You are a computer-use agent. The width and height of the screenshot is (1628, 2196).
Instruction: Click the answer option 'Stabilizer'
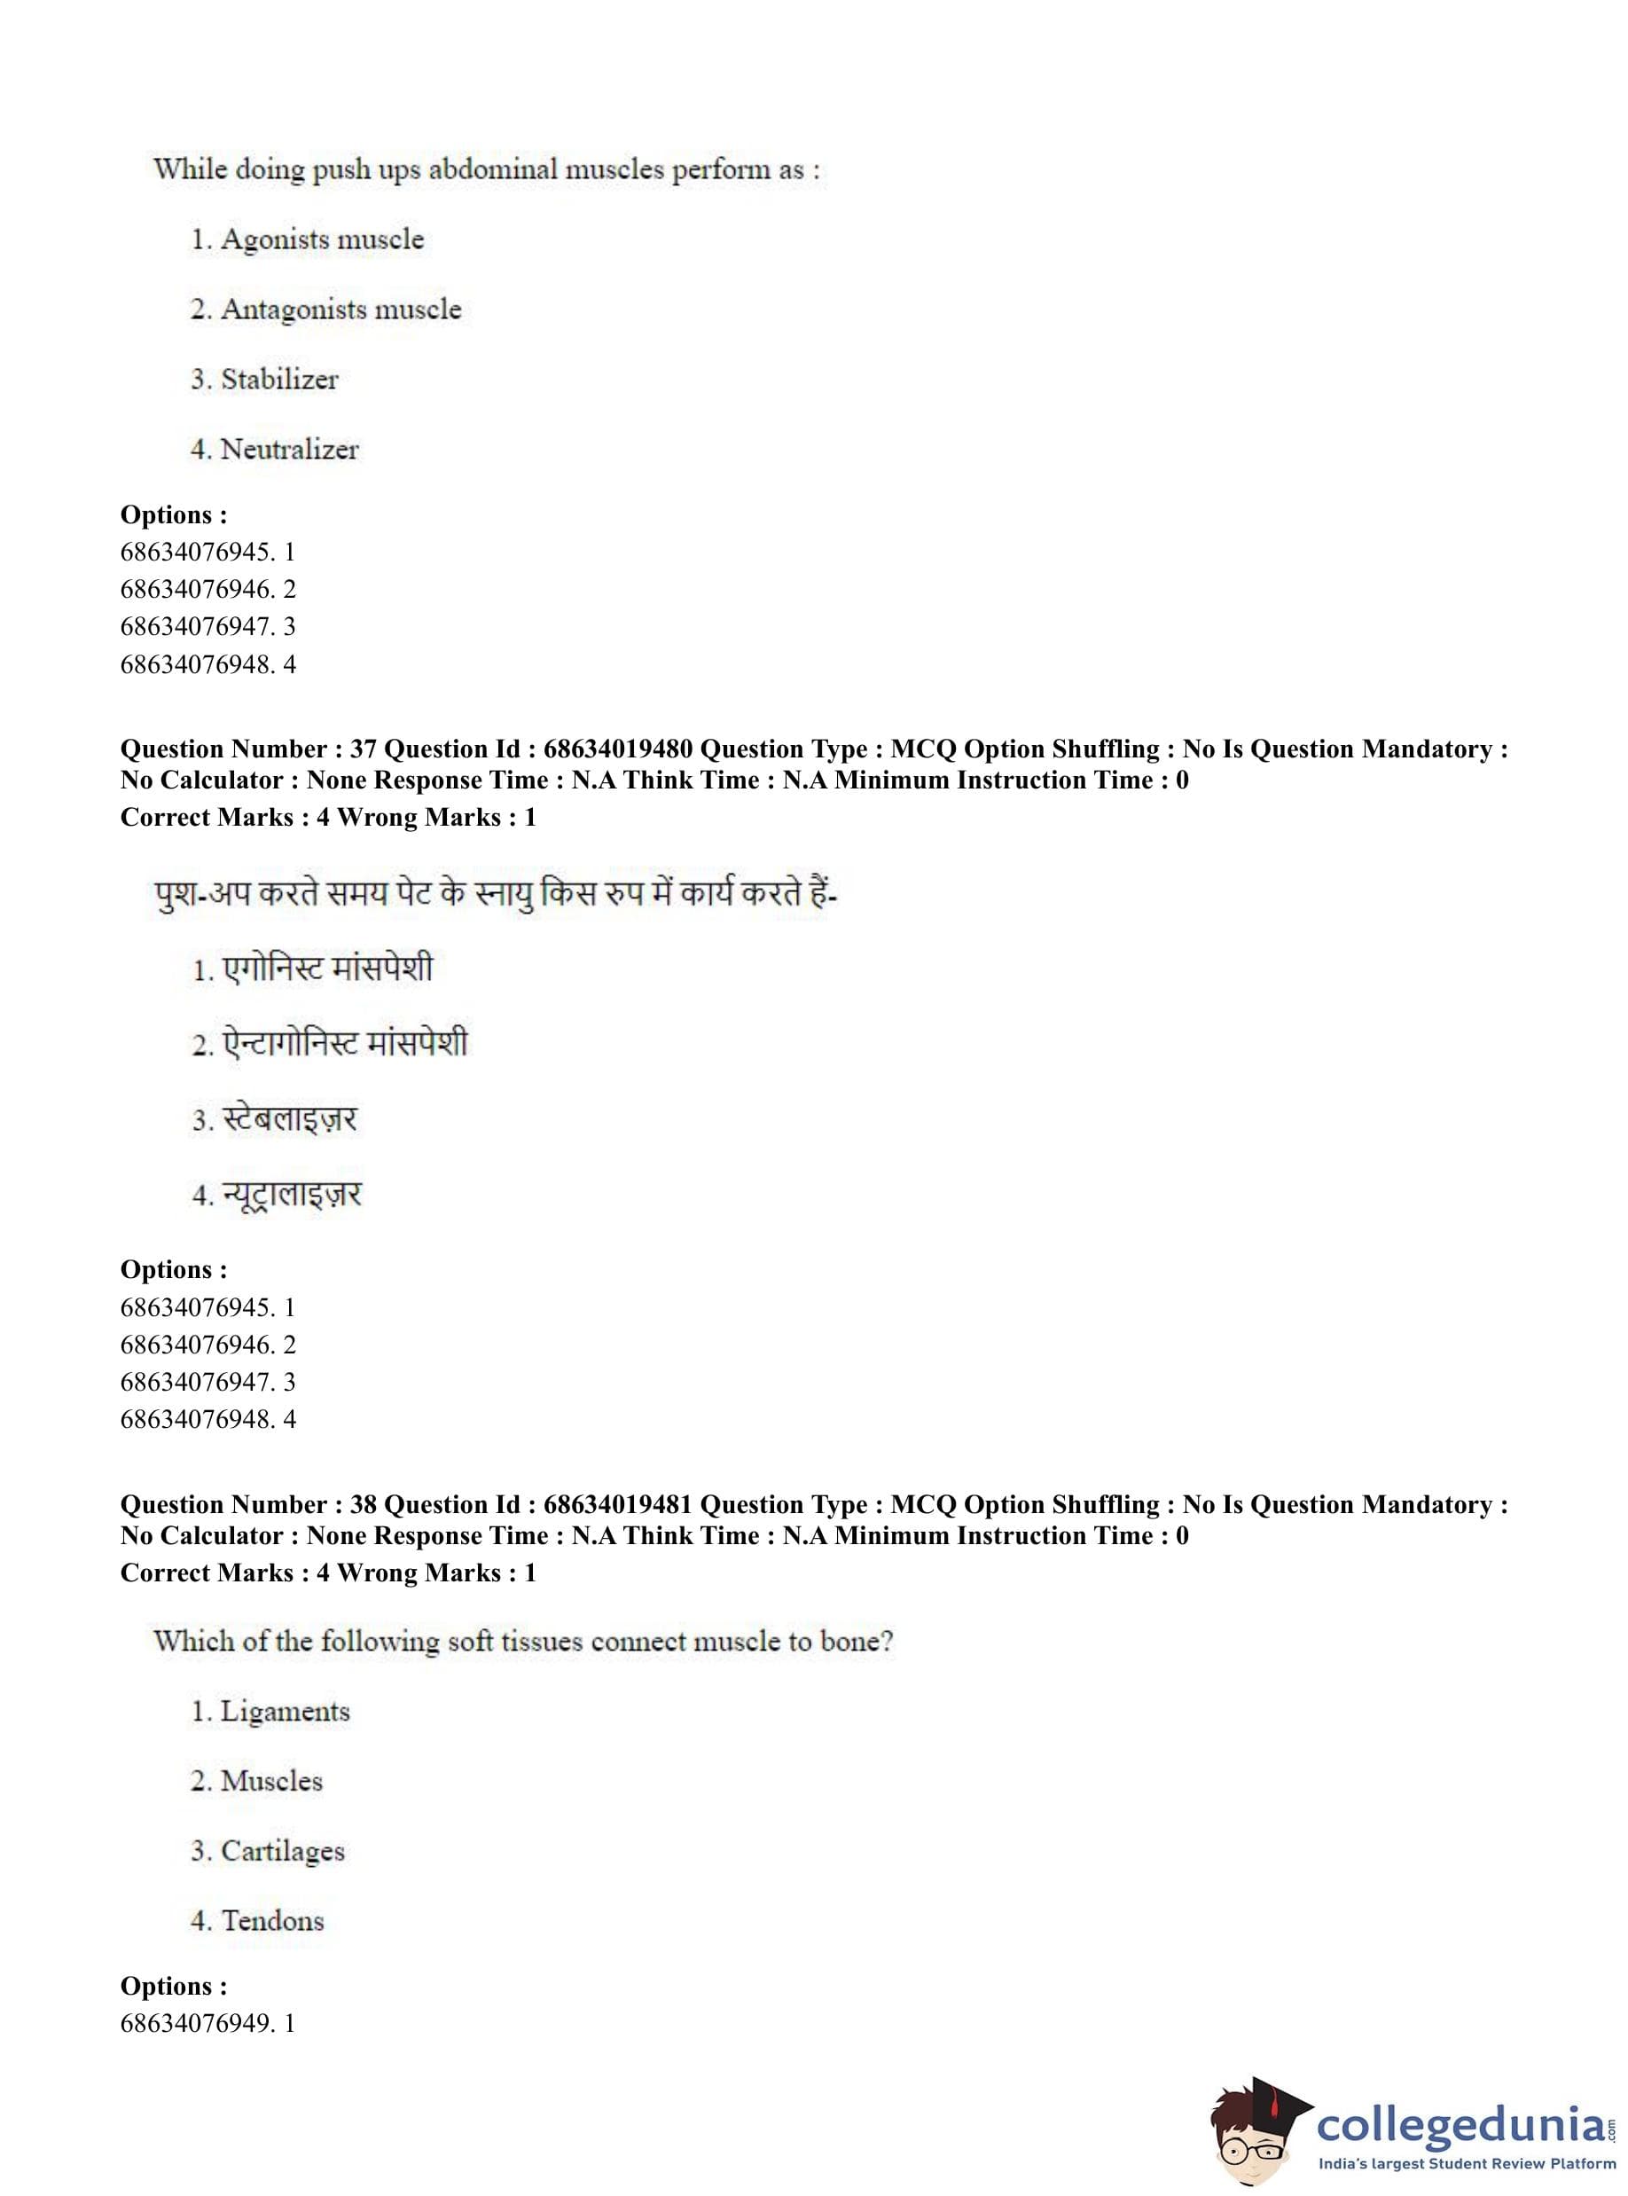point(279,380)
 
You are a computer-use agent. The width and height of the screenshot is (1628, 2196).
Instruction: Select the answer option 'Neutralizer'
point(289,450)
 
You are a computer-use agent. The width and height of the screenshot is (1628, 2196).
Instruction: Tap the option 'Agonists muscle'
point(321,239)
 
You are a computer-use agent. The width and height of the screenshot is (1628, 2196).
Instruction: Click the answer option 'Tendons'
point(272,1920)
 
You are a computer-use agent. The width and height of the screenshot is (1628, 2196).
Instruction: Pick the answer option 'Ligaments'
point(285,1711)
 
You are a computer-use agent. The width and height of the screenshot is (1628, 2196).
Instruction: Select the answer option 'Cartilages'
point(282,1851)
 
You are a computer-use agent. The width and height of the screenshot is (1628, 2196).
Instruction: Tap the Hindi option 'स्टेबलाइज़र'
point(289,1119)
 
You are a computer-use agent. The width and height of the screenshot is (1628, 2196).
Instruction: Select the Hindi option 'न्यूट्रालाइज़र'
point(292,1195)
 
